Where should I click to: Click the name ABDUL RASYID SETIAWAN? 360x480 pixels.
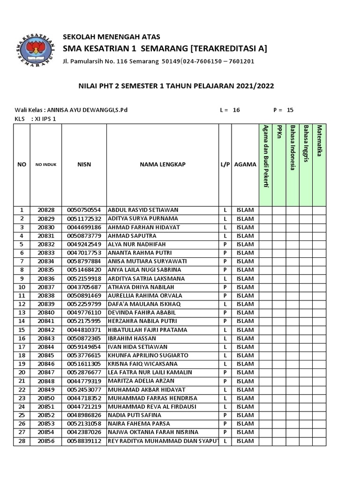pyautogui.click(x=143, y=210)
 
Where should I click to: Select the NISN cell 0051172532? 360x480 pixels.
pyautogui.click(x=84, y=218)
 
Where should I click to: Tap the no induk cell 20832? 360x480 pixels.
pyautogui.click(x=46, y=244)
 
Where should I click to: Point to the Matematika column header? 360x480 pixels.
pyautogui.click(x=319, y=141)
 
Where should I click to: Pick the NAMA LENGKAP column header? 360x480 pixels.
pyautogui.click(x=163, y=165)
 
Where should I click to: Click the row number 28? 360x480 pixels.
pyautogui.click(x=22, y=441)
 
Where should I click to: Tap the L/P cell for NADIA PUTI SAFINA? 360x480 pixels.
pyautogui.click(x=225, y=415)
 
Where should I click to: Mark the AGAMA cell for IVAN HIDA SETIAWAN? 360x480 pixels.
pyautogui.click(x=245, y=347)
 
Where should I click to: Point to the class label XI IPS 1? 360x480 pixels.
pyautogui.click(x=45, y=119)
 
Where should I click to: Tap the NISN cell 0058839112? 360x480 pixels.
pyautogui.click(x=84, y=441)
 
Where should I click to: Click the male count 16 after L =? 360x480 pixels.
pyautogui.click(x=236, y=110)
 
